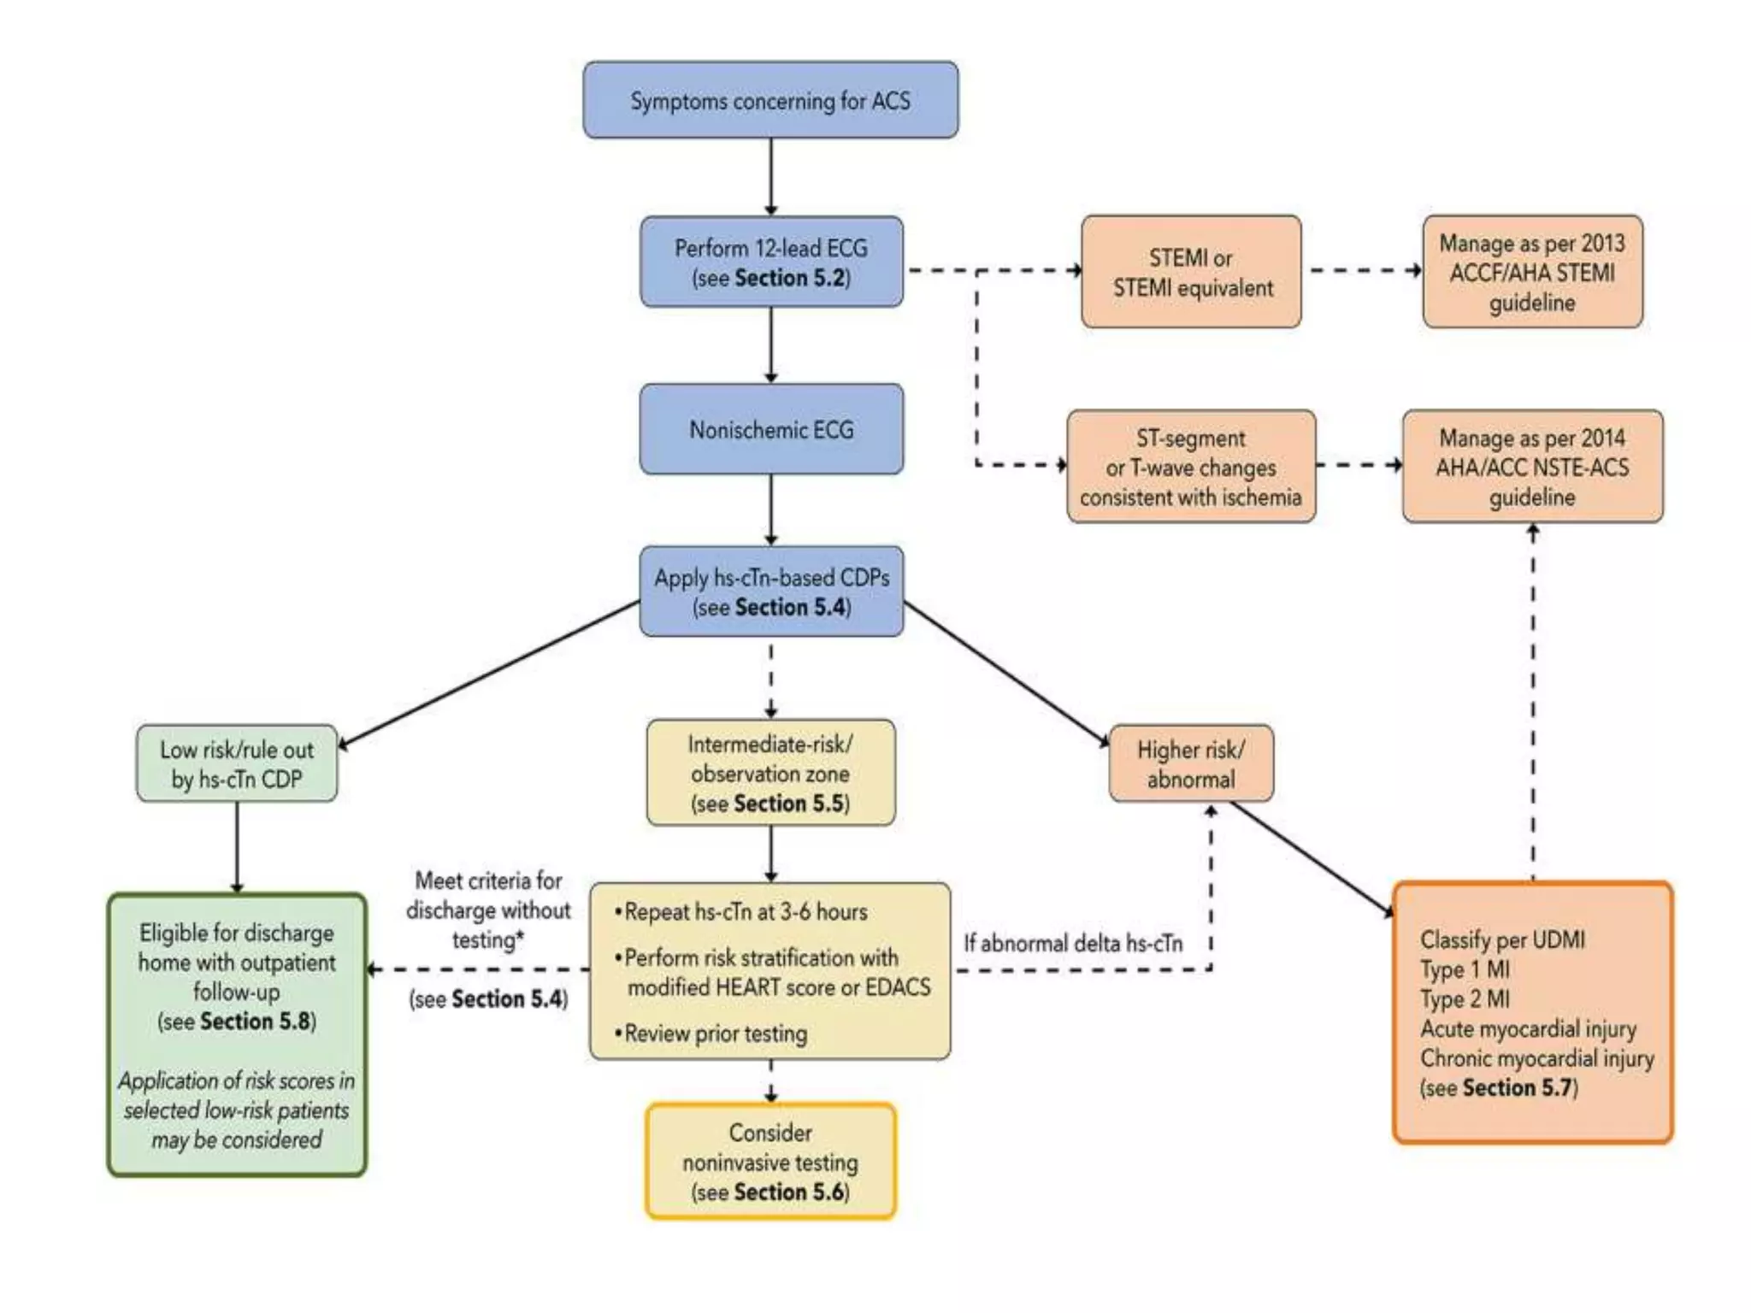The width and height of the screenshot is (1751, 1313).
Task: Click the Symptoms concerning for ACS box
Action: coord(770,100)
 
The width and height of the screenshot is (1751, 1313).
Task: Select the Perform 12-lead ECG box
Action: coord(770,262)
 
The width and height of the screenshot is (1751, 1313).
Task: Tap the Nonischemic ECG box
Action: coord(770,429)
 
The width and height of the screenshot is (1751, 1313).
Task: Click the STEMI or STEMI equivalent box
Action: coord(1191,272)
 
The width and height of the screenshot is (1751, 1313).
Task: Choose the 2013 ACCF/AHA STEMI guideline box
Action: coord(1532,272)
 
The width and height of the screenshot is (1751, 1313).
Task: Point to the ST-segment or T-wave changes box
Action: coord(1191,467)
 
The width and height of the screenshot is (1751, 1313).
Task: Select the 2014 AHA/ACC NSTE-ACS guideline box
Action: coord(1532,467)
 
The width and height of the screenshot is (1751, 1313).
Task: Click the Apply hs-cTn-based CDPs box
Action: coord(770,592)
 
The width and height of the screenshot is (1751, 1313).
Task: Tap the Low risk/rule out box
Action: coord(237,763)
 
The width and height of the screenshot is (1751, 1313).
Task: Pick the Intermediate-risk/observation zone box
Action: coord(770,773)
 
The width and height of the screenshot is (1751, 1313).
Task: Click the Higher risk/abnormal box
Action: coord(1191,763)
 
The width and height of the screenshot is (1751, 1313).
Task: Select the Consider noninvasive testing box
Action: coord(770,1162)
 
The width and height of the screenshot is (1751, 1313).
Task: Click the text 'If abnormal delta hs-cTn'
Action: coord(1073,943)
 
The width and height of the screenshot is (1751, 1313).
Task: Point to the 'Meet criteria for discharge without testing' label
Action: coord(488,910)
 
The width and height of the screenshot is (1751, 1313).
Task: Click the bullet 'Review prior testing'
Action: coord(715,1033)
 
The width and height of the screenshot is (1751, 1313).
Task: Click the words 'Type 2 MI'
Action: coord(1465,998)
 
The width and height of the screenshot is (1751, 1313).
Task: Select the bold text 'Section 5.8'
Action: coord(255,1022)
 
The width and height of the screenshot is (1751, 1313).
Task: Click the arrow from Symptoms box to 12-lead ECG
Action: coord(770,176)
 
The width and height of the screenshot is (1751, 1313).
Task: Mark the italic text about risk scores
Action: coord(237,1110)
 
